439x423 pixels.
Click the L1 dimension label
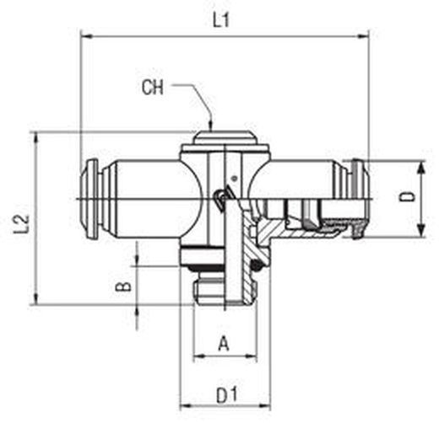pos(221,20)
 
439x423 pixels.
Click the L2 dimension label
pos(21,224)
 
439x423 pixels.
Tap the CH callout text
pos(152,88)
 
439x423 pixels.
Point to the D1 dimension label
pos(227,395)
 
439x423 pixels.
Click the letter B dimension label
pos(123,286)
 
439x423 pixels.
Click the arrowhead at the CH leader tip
pos(210,125)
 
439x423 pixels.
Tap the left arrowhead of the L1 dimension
pos(86,36)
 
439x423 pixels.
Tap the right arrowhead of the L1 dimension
pos(363,36)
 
